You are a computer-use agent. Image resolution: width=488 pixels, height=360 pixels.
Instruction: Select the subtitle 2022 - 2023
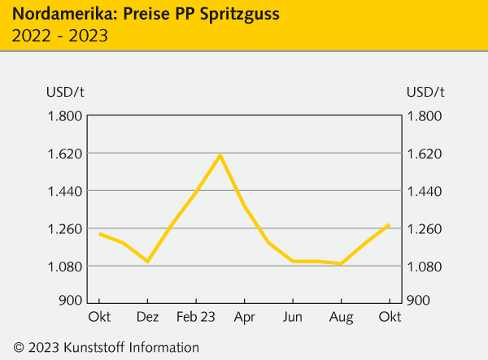point(60,36)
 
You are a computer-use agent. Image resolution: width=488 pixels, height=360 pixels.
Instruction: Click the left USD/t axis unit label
point(66,90)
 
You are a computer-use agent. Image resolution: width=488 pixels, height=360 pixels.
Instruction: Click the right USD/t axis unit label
point(424,90)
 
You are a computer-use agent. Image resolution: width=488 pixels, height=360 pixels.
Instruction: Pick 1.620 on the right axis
point(424,154)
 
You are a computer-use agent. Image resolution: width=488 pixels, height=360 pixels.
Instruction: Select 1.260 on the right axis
point(424,228)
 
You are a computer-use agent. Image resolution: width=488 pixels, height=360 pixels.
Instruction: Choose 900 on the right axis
point(418,301)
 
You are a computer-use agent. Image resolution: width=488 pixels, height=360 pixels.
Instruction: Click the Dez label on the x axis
point(147,315)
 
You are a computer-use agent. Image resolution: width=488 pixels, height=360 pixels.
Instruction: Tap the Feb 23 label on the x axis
point(196,315)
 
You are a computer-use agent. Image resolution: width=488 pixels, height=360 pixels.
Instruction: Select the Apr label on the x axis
point(245,315)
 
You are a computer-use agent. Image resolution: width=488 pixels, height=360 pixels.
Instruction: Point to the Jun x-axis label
point(293,315)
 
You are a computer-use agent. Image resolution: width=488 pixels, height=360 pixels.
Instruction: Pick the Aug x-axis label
point(342,315)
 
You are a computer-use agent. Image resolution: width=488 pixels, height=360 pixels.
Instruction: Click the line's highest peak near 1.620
point(220,154)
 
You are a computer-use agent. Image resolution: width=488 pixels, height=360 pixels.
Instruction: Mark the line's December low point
point(147,262)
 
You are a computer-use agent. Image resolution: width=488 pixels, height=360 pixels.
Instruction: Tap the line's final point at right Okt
point(390,224)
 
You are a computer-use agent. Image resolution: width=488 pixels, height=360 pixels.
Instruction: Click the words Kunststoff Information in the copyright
point(135,347)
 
